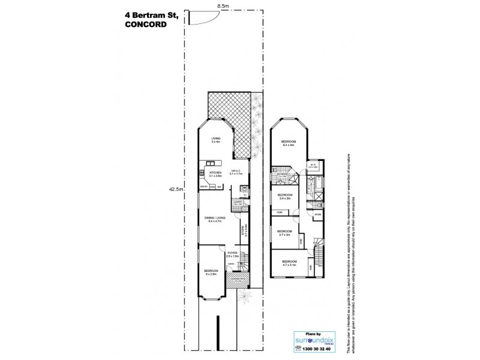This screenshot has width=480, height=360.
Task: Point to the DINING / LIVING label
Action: [214, 220]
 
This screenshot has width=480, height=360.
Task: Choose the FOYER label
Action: [232, 254]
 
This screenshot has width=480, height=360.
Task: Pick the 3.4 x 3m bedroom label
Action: [284, 197]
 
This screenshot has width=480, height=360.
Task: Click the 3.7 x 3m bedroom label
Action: [284, 233]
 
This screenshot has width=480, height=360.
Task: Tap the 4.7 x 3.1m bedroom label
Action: [290, 263]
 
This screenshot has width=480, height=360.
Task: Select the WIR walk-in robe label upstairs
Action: [313, 166]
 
